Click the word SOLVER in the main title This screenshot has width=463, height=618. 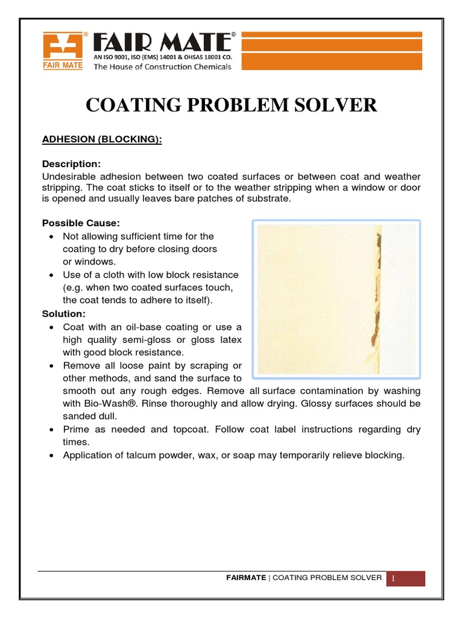[x=333, y=105]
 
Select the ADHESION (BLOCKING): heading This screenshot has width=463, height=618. [x=101, y=139]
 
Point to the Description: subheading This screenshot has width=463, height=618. [x=71, y=164]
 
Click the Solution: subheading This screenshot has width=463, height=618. [x=64, y=314]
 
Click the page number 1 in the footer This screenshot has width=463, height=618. [x=393, y=579]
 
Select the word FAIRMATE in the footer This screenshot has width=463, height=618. [x=246, y=578]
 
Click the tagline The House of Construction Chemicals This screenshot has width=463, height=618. [x=162, y=67]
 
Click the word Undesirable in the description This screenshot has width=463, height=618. [x=68, y=176]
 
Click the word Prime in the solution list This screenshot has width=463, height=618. [x=75, y=429]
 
